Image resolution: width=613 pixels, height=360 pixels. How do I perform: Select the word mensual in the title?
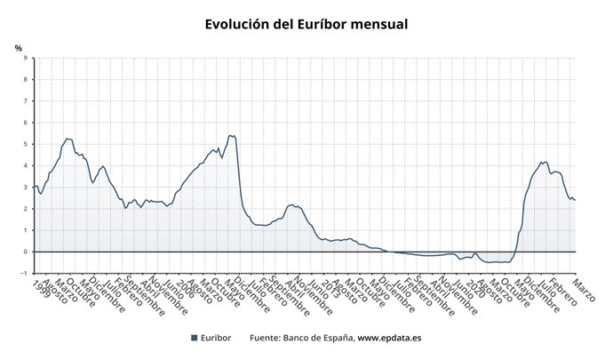(379, 25)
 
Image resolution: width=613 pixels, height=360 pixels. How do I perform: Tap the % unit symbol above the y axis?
(18, 48)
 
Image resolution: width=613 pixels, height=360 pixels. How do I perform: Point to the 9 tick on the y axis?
(25, 59)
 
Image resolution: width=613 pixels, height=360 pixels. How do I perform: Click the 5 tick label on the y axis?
(25, 144)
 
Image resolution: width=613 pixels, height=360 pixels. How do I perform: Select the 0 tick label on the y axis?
(25, 252)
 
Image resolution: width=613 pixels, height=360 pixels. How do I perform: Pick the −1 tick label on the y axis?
(23, 273)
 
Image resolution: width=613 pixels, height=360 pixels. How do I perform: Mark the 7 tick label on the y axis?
(25, 101)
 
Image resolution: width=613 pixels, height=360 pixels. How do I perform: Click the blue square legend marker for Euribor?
(195, 338)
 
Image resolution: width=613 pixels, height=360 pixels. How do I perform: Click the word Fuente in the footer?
(265, 338)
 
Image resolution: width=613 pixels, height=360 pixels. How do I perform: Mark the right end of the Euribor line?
(576, 200)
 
